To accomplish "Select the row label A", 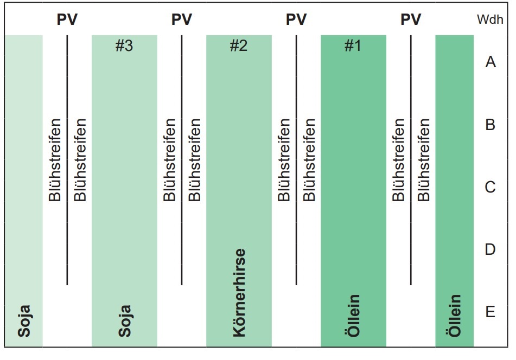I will [x=490, y=62].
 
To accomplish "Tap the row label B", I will [x=490, y=125].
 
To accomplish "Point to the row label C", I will [x=490, y=188].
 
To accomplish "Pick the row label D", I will [x=490, y=250].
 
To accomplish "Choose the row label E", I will [x=490, y=313].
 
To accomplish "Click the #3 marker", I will [x=124, y=46].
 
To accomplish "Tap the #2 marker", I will [x=238, y=46].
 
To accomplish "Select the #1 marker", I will [x=353, y=46].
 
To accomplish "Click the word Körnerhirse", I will [x=239, y=293].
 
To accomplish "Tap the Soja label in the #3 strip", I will [x=125, y=322].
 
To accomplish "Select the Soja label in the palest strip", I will [x=24, y=322].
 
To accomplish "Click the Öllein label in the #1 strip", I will [x=353, y=316].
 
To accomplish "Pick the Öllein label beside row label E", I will [x=455, y=316].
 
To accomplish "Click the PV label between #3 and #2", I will [x=182, y=20].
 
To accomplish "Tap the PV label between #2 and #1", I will [x=296, y=20].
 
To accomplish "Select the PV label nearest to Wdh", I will [x=411, y=20].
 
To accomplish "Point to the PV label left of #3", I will [x=67, y=20].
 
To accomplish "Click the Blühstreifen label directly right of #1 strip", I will [x=399, y=160].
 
